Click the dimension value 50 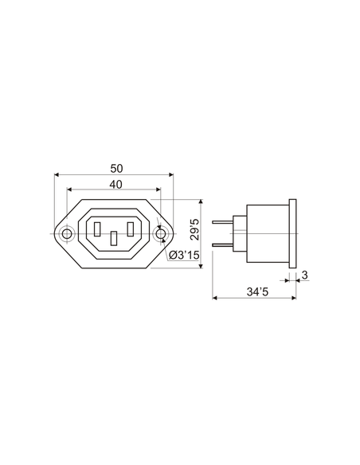coord(115,168)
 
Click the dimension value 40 coord(115,184)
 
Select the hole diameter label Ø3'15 coord(184,255)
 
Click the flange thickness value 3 coord(305,275)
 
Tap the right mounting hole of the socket coord(162,233)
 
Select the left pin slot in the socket coord(97,229)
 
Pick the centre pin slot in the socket coord(115,237)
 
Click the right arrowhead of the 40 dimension coord(158,190)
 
